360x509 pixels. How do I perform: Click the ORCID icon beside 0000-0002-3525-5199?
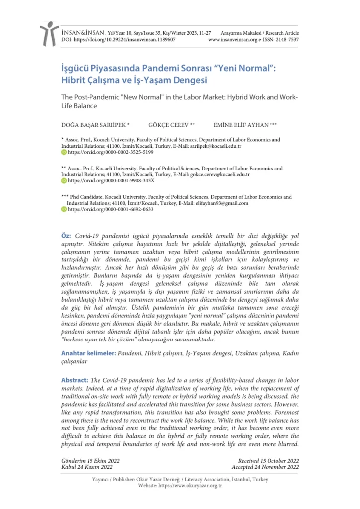tap(64, 153)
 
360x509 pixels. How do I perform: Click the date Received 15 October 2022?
tap(268, 461)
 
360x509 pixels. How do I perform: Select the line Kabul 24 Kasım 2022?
tap(87, 467)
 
